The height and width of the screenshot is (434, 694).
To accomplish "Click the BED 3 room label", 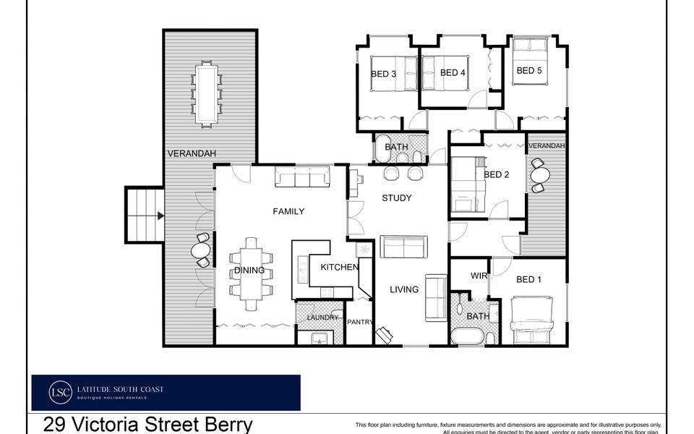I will (383, 73).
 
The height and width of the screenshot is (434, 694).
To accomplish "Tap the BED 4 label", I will (453, 72).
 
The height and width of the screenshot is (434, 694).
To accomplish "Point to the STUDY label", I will (397, 197).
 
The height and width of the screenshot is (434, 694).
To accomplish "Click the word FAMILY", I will (288, 211).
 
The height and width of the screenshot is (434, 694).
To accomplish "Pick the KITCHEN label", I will (339, 268).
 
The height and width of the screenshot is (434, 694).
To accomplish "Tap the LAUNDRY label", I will (322, 318).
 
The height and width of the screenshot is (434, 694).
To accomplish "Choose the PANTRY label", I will (359, 322).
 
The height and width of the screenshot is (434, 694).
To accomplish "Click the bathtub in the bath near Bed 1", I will (468, 337).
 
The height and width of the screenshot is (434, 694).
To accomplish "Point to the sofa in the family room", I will (302, 177).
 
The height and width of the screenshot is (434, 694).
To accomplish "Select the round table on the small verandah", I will (539, 174).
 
